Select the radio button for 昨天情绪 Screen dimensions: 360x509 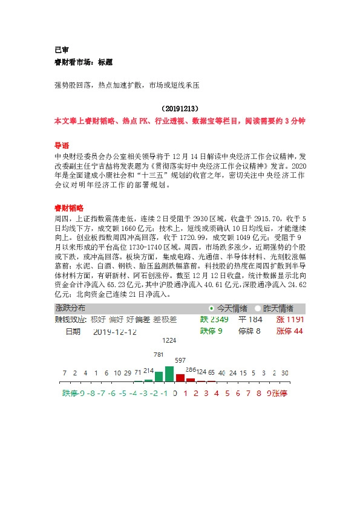pyautogui.click(x=258, y=308)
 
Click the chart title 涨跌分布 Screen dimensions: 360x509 pyautogui.click(x=70, y=308)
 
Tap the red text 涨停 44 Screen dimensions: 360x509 pyautogui.click(x=289, y=331)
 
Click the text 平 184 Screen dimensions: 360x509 pyautogui.click(x=250, y=319)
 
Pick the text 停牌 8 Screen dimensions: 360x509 pyautogui.click(x=249, y=331)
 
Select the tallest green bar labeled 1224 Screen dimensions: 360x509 pyautogui.click(x=169, y=374)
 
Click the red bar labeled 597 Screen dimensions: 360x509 pyautogui.click(x=180, y=378)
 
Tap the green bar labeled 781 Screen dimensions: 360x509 pyautogui.click(x=159, y=376)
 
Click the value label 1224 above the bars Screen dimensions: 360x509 pyautogui.click(x=169, y=341)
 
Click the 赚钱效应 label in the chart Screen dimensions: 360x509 pyautogui.click(x=71, y=320)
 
